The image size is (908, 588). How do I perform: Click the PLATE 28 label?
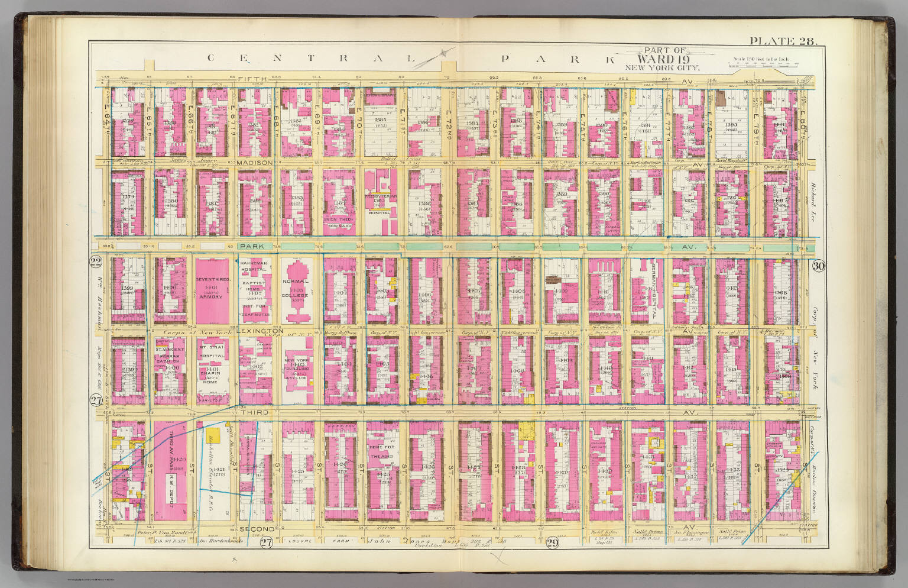[782, 41]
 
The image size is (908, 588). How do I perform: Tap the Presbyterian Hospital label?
[380, 201]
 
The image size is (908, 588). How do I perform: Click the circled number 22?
[96, 262]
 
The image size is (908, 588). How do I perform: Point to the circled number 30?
[818, 266]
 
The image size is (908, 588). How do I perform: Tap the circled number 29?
[553, 544]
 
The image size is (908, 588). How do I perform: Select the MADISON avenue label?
[256, 162]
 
